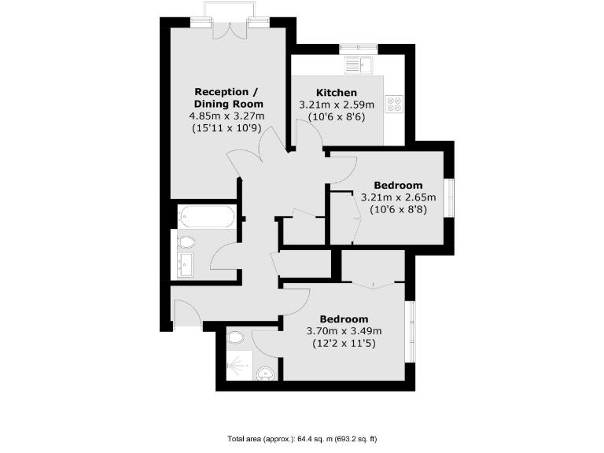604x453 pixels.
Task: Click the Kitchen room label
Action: point(337,93)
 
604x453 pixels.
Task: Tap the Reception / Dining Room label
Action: point(229,98)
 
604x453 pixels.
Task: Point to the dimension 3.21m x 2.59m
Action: point(337,105)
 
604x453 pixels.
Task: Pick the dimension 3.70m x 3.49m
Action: point(344,331)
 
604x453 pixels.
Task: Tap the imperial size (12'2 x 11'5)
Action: point(344,343)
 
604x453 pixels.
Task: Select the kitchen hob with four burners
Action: point(394,104)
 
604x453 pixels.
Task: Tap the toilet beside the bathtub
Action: point(187,241)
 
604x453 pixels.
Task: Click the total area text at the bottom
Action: point(302,438)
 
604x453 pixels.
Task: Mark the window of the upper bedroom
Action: point(448,198)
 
